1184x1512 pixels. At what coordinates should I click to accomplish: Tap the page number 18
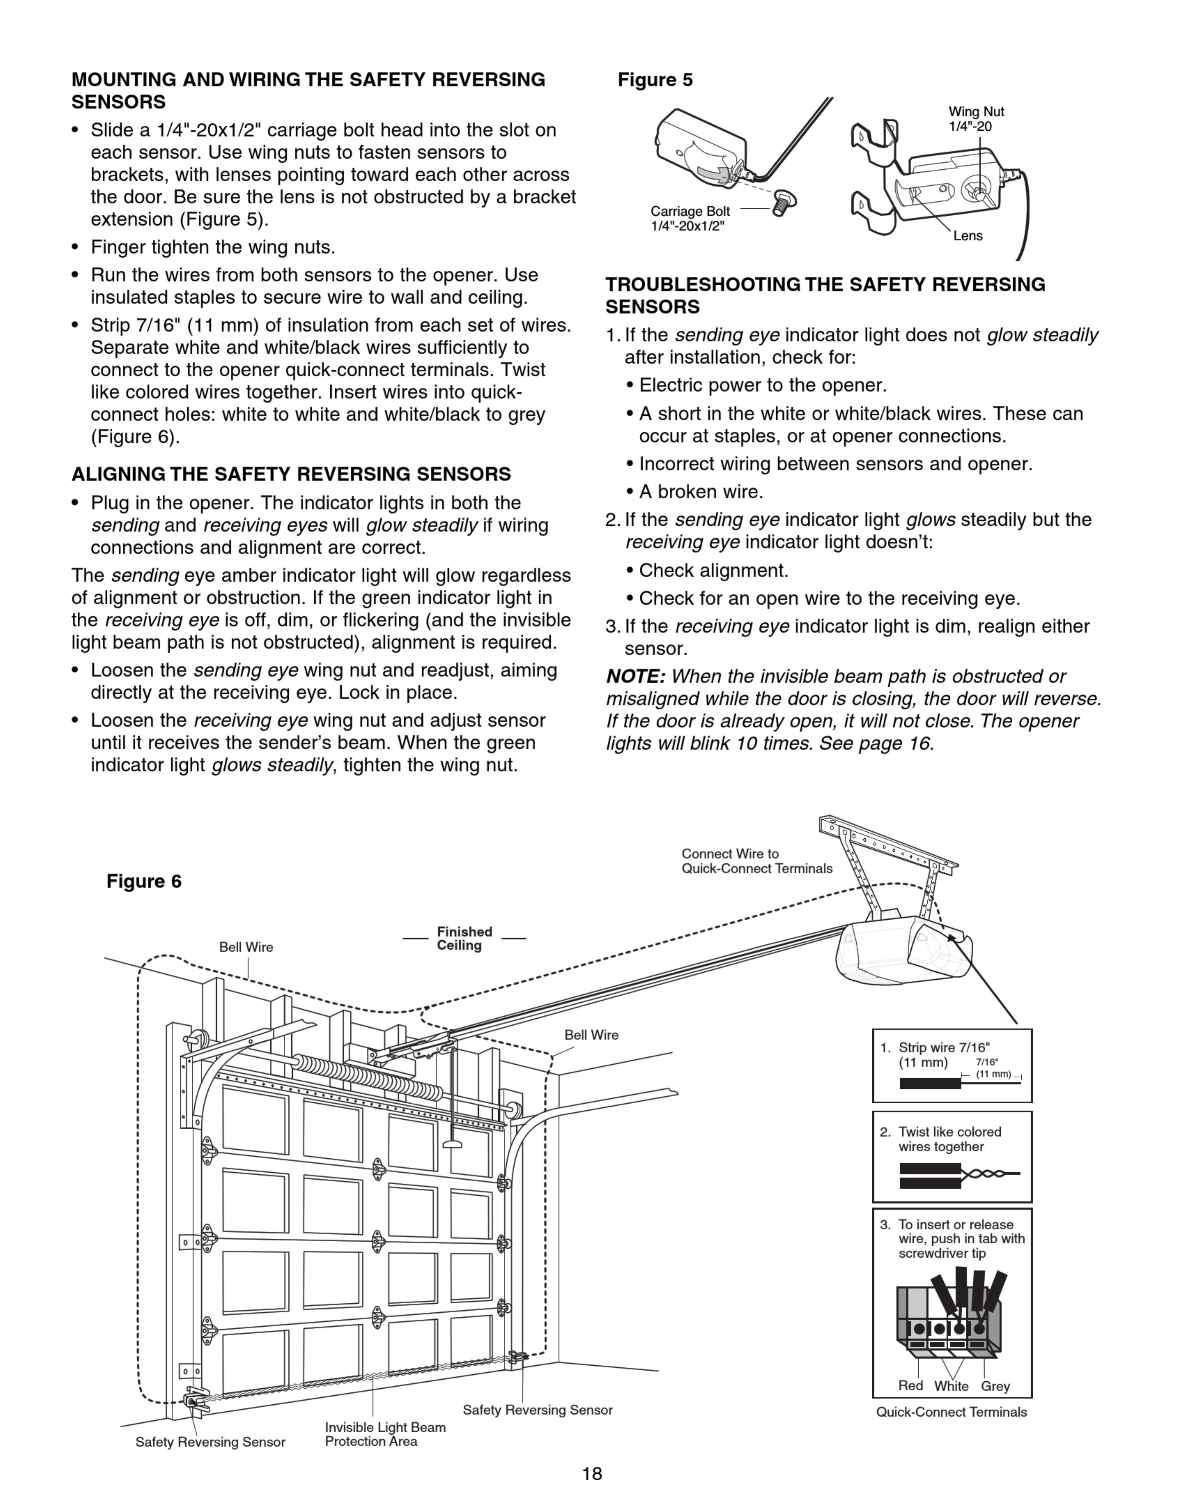[x=592, y=1474]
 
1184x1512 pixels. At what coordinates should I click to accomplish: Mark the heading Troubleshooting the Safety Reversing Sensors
[x=825, y=295]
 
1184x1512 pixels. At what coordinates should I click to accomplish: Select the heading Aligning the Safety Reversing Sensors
[x=291, y=475]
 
